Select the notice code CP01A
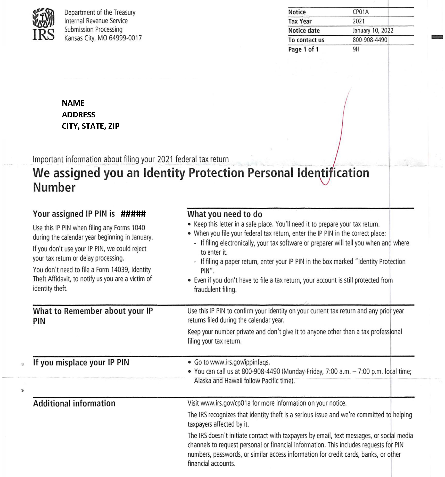pyautogui.click(x=360, y=12)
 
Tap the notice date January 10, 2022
pyautogui.click(x=373, y=31)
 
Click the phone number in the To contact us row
pyautogui.click(x=370, y=40)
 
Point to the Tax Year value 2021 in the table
pyautogui.click(x=359, y=21)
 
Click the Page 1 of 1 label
pyautogui.click(x=303, y=49)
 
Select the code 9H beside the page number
pyautogui.click(x=356, y=49)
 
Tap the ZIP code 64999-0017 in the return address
pyautogui.click(x=125, y=38)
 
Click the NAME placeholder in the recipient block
pyautogui.click(x=73, y=103)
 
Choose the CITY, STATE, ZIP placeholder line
pyautogui.click(x=90, y=126)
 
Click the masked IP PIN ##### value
pyautogui.click(x=133, y=214)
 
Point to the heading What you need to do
pyautogui.click(x=225, y=214)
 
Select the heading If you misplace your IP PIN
pyautogui.click(x=81, y=362)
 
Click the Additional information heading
pyautogui.click(x=74, y=403)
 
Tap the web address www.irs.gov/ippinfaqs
pyautogui.click(x=240, y=362)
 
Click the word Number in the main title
pyautogui.click(x=54, y=187)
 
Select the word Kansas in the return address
pyautogui.click(x=73, y=38)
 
